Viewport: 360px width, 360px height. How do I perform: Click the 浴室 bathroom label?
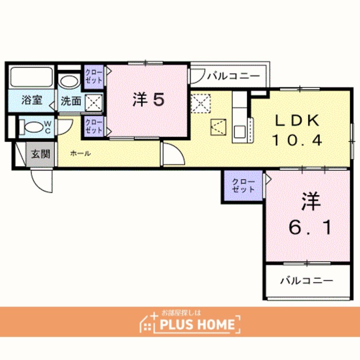click(31, 100)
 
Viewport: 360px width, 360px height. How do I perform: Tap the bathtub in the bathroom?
click(31, 77)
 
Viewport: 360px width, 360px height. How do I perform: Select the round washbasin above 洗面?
click(69, 81)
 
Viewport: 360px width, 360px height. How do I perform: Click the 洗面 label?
click(71, 101)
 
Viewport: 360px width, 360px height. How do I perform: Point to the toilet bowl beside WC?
click(31, 127)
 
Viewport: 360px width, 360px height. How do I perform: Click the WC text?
click(47, 128)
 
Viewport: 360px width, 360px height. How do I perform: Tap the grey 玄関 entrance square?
click(40, 154)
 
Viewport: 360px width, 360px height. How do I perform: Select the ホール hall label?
click(80, 153)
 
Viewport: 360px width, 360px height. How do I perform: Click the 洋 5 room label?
click(148, 100)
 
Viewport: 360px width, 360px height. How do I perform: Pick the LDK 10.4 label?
click(298, 130)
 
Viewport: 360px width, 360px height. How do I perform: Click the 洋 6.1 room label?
click(310, 214)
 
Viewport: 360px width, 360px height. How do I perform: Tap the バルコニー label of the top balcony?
click(233, 76)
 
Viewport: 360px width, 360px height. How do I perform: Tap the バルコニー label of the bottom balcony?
click(307, 281)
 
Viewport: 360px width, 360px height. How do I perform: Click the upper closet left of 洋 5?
click(94, 76)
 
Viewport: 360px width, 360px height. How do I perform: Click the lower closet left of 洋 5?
click(94, 126)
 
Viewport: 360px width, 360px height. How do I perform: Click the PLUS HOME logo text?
click(197, 325)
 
